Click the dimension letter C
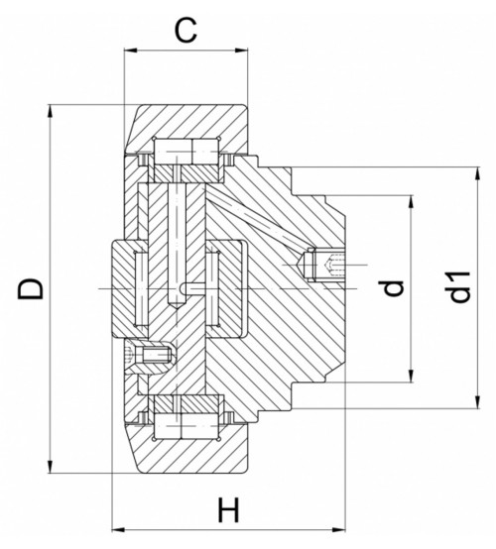coord(186,31)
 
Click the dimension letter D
coord(31,288)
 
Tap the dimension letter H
coord(228,509)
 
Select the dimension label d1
coord(459,287)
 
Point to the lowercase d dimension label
coord(394,288)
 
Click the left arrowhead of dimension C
coord(130,51)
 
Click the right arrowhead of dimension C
coord(241,51)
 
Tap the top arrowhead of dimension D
coord(51,111)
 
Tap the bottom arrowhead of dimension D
coord(51,467)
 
